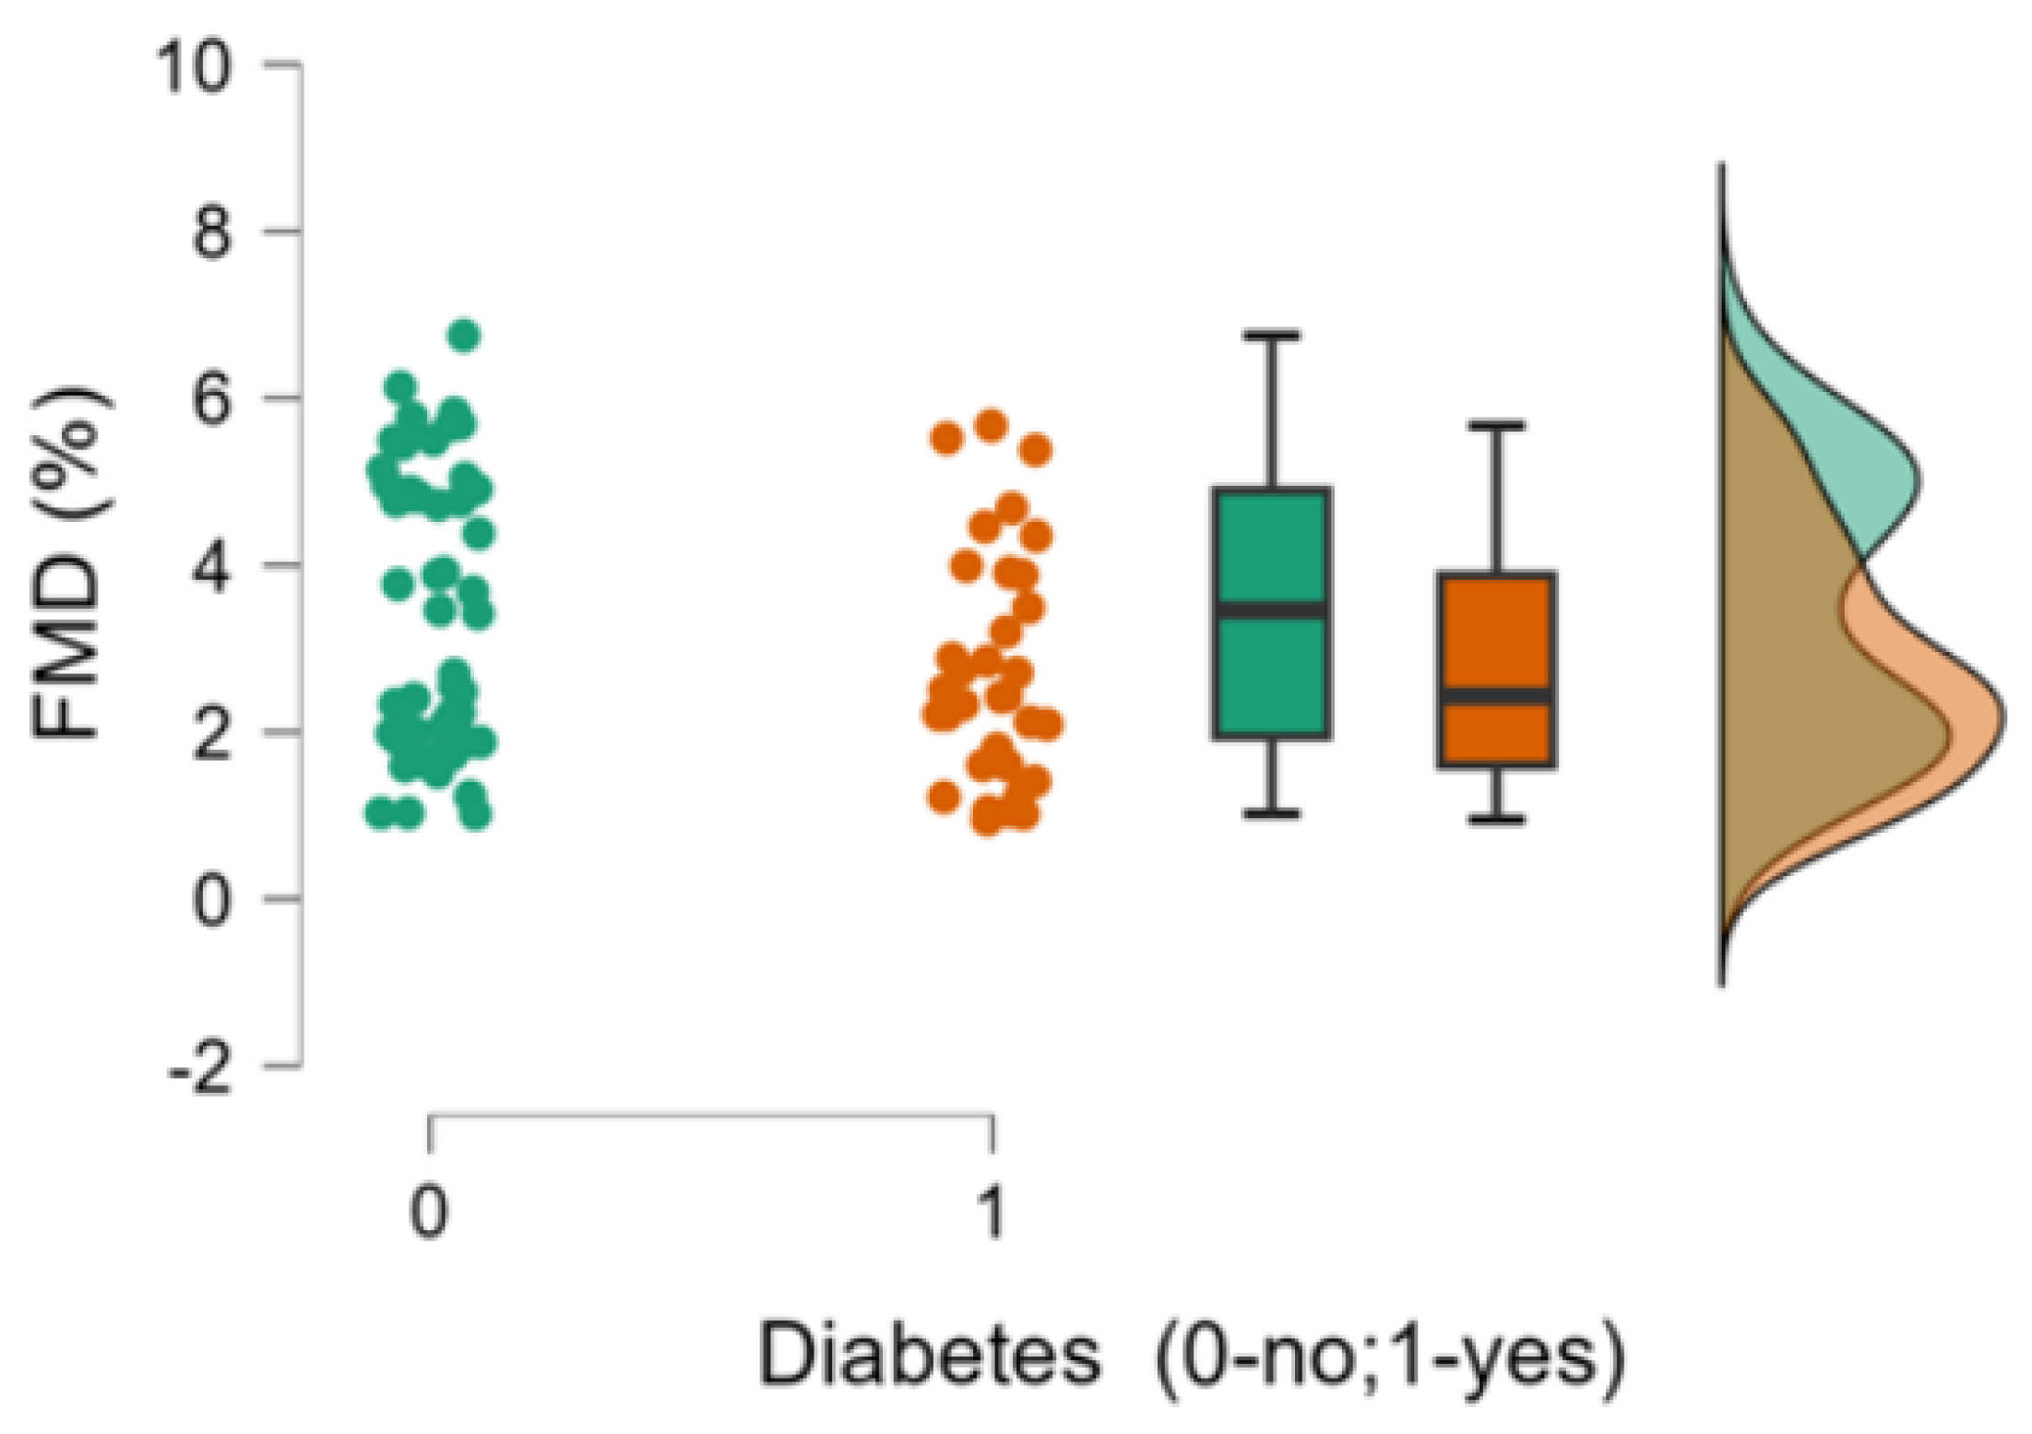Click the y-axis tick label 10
coord(193,66)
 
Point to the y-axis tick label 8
coord(211,231)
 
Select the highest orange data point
coord(991,425)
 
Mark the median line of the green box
coord(1272,610)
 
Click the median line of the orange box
coord(1496,695)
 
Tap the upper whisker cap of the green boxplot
coord(1272,336)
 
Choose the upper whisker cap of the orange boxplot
coord(1496,425)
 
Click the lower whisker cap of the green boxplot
coord(1272,813)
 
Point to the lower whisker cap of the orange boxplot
coord(1496,818)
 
